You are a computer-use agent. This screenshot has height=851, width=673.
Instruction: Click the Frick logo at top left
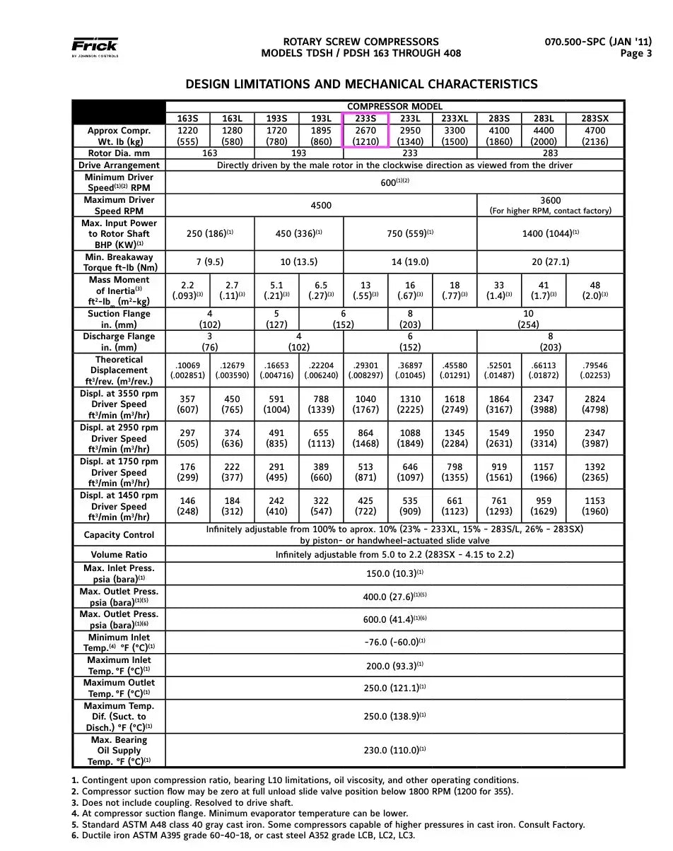[x=95, y=47]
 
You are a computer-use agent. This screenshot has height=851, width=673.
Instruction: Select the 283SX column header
[x=595, y=119]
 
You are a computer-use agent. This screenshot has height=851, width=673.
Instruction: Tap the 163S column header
[x=187, y=119]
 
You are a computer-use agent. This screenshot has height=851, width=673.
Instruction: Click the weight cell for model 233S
[x=365, y=136]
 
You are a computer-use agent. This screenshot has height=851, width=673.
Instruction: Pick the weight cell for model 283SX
[x=595, y=136]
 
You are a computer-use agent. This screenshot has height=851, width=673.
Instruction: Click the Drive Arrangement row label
[x=119, y=165]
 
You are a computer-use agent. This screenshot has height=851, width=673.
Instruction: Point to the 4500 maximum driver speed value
[x=321, y=206]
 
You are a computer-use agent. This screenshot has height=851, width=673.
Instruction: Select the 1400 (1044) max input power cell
[x=550, y=233]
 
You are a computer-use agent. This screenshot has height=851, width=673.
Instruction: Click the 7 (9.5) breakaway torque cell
[x=210, y=262]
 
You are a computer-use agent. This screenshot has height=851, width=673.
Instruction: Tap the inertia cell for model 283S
[x=499, y=290]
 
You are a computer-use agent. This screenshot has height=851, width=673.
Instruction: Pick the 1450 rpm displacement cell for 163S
[x=187, y=506]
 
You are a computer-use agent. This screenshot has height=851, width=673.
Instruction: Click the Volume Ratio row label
[x=119, y=555]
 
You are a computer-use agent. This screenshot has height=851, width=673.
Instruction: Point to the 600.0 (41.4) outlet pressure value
[x=394, y=619]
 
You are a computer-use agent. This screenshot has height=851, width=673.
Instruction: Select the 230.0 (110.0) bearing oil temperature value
[x=394, y=751]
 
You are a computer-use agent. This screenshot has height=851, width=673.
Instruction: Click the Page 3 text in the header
[x=636, y=53]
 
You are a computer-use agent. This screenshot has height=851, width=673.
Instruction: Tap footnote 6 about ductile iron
[x=243, y=835]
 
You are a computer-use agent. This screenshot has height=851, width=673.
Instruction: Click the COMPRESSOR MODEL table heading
[x=394, y=107]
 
